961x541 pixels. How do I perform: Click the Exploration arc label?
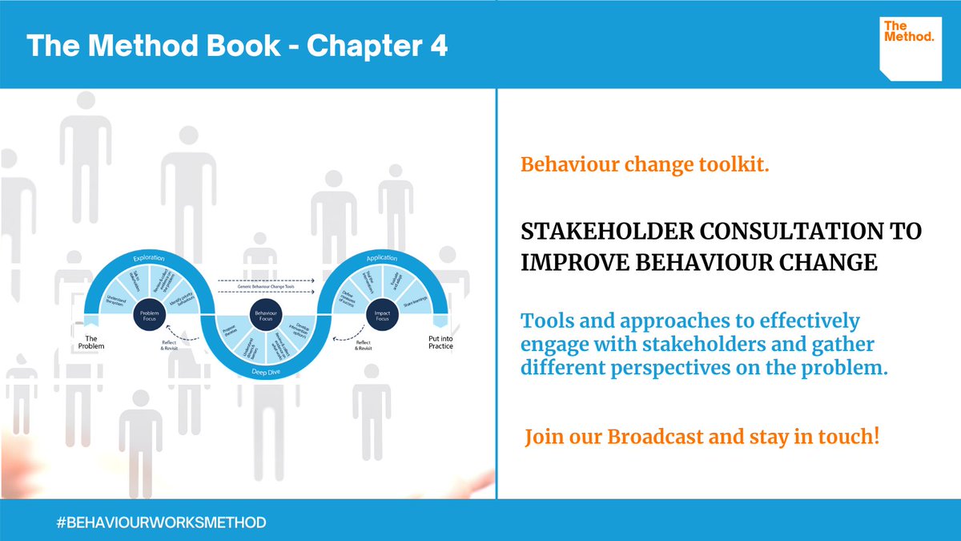click(x=150, y=258)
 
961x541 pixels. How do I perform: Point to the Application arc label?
click(x=382, y=258)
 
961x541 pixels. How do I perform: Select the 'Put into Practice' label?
click(x=440, y=342)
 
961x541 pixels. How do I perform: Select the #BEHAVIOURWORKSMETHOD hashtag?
click(x=161, y=523)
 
